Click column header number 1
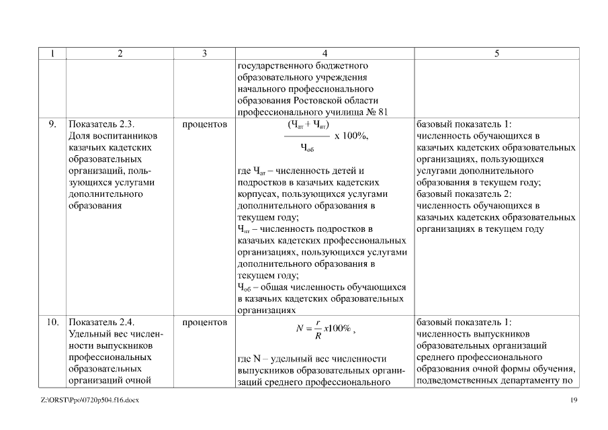51,54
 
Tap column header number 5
496,54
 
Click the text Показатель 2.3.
102,124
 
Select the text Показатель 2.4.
102,322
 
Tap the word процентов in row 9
204,124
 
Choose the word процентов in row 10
204,322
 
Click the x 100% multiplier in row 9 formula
351,136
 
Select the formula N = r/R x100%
324,329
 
